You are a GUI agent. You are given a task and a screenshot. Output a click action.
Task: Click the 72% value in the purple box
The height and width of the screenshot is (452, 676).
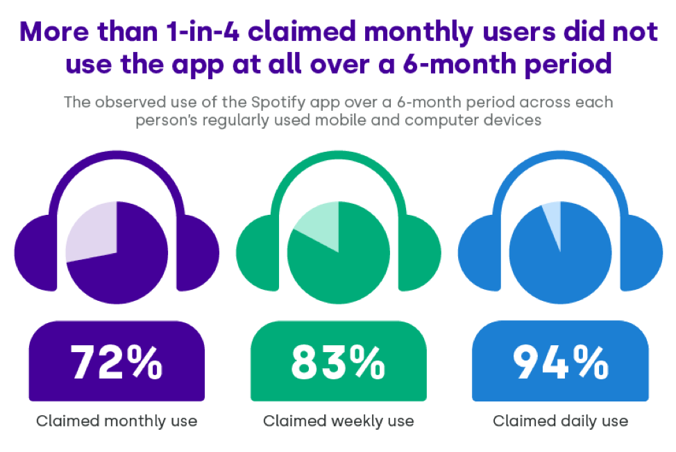117,362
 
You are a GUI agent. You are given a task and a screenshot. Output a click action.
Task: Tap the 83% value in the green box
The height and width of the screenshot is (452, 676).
338,362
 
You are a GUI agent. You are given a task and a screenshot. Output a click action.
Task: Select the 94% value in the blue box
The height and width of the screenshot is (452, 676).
559,362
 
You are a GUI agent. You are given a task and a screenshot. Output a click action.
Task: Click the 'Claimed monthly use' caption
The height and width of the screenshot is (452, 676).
117,421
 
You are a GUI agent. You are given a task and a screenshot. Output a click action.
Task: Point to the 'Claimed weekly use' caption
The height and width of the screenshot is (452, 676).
338,421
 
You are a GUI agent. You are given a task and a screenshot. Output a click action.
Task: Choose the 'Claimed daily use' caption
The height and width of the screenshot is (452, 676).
560,421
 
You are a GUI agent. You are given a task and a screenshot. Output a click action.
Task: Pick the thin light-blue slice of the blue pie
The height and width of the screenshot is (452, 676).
552,216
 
